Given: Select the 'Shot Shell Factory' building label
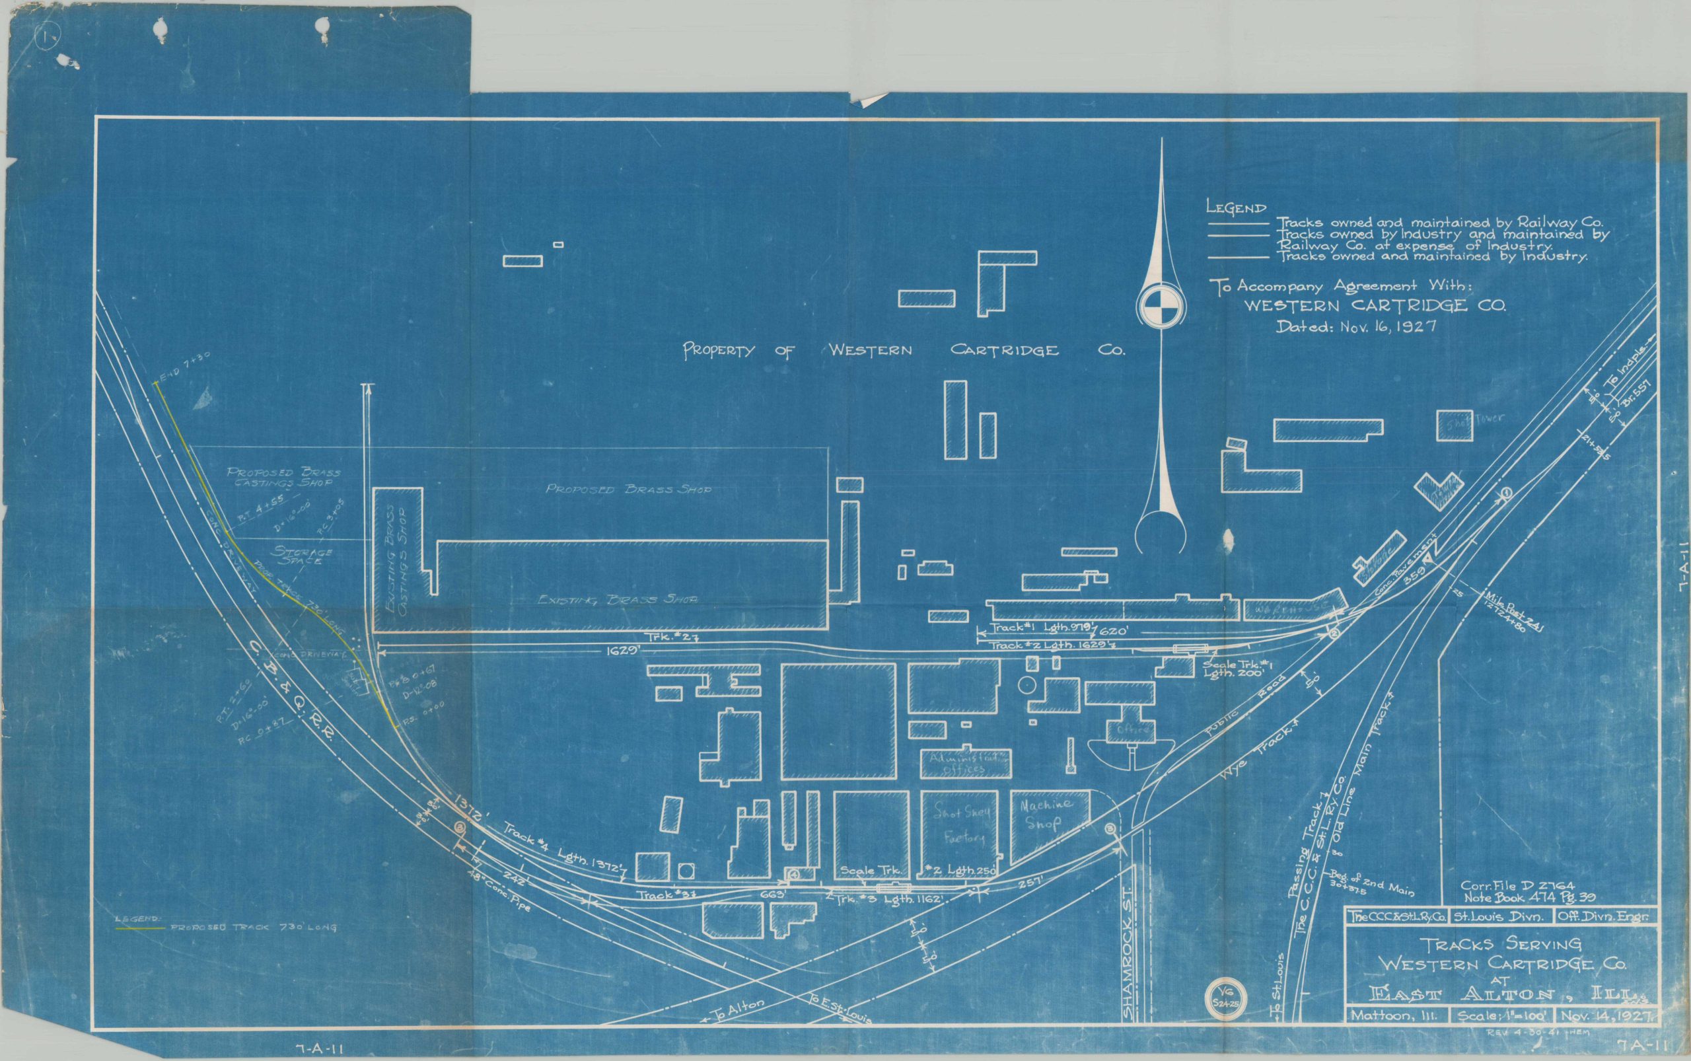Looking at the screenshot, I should tap(961, 824).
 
